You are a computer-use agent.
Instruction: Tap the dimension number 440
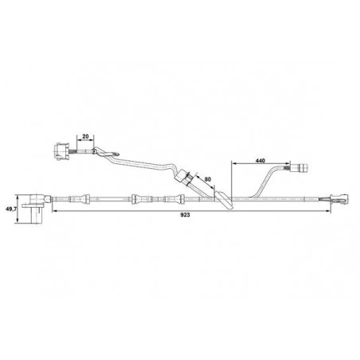pos(259,162)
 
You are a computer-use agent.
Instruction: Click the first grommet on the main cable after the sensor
pos(81,199)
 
